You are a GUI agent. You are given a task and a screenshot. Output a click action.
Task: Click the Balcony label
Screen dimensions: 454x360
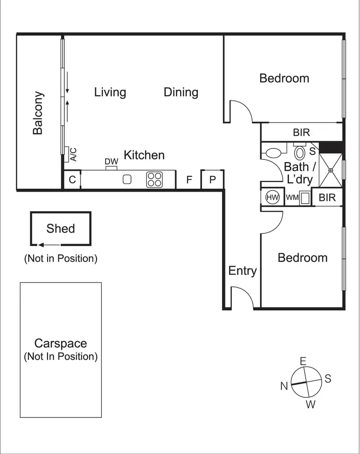pyautogui.click(x=38, y=113)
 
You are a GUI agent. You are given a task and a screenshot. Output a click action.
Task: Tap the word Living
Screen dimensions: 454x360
pyautogui.click(x=110, y=92)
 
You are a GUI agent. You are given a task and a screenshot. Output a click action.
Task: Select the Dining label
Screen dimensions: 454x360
pyautogui.click(x=181, y=92)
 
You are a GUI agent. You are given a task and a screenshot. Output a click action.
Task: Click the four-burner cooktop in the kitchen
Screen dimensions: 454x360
pyautogui.click(x=155, y=180)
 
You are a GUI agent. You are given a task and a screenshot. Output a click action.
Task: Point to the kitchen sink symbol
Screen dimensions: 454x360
pyautogui.click(x=127, y=180)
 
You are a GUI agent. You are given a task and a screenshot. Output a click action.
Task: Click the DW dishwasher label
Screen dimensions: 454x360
pyautogui.click(x=111, y=162)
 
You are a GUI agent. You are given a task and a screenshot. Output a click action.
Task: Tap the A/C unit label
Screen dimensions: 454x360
pyautogui.click(x=73, y=154)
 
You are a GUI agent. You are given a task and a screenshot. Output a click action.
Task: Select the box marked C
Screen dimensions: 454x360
pyautogui.click(x=72, y=180)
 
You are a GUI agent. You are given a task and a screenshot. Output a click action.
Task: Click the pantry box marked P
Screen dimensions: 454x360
pyautogui.click(x=213, y=180)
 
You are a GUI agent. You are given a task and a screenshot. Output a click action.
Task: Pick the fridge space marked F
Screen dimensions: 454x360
pyautogui.click(x=189, y=180)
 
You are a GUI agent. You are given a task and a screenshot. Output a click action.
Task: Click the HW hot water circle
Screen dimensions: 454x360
pyautogui.click(x=273, y=197)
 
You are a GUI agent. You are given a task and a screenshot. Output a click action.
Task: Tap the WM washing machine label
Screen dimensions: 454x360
pyautogui.click(x=292, y=197)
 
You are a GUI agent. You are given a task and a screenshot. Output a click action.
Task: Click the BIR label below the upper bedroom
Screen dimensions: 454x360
pyautogui.click(x=301, y=133)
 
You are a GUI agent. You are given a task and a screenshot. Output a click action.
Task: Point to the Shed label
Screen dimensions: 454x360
pyautogui.click(x=60, y=228)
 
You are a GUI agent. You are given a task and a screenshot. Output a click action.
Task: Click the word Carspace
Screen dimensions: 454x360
pyautogui.click(x=60, y=344)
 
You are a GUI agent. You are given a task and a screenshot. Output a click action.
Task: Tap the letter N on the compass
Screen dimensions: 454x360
pyautogui.click(x=284, y=386)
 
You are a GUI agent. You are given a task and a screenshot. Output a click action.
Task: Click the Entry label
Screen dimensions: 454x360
pyautogui.click(x=242, y=271)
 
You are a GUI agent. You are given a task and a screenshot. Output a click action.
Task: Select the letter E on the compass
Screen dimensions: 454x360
pyautogui.click(x=303, y=361)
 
